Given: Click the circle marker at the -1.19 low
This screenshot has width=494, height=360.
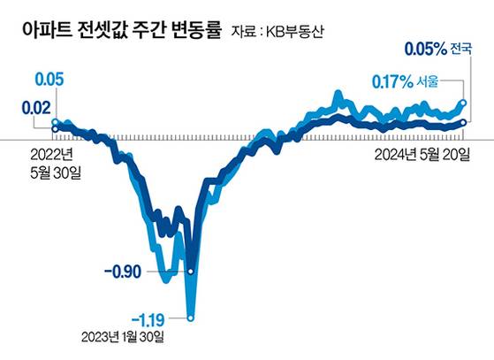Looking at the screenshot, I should point(190,317).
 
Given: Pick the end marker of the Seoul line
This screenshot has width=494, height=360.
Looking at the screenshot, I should point(465,103).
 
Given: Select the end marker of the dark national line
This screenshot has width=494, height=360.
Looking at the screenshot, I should point(465,122).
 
